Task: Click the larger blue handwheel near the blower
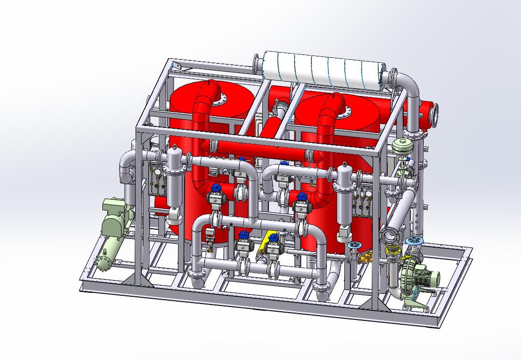[x=414, y=241]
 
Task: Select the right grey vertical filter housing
[x=346, y=198]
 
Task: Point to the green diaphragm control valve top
[x=402, y=145]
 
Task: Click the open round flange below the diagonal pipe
[x=389, y=235]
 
